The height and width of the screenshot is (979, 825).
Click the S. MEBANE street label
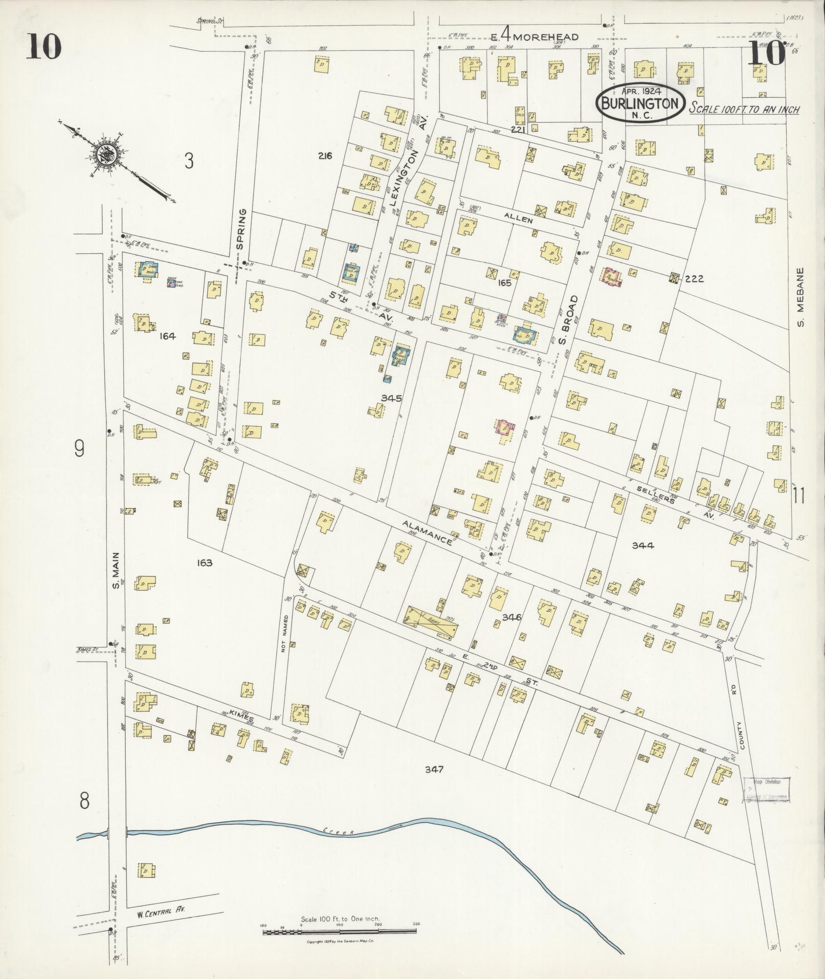click(x=800, y=297)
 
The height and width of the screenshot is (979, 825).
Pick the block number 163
click(x=204, y=563)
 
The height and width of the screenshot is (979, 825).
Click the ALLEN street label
click(x=518, y=220)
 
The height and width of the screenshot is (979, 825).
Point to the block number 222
click(x=694, y=279)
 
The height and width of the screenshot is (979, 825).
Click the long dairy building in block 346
click(x=431, y=622)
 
